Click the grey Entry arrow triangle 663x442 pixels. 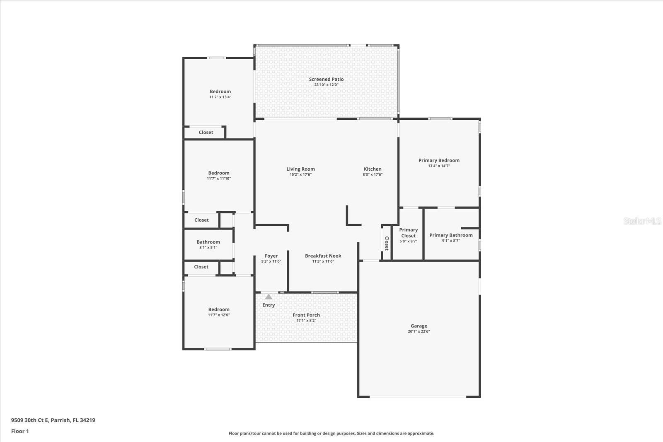click(269, 297)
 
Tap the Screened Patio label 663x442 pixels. click(326, 79)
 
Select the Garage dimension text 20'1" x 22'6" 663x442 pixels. click(419, 331)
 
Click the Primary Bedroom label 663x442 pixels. click(439, 160)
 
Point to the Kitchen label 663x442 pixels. click(373, 169)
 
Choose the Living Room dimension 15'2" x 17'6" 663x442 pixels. click(300, 174)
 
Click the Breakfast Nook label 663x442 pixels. click(323, 256)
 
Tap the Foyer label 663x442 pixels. click(271, 256)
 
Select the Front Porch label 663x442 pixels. click(306, 315)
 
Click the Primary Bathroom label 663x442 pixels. click(451, 235)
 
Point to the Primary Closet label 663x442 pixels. click(409, 233)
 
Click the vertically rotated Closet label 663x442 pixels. click(387, 243)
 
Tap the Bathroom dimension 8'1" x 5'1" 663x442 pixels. click(208, 248)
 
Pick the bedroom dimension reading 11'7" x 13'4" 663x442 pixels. click(220, 97)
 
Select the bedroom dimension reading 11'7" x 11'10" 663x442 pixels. click(219, 179)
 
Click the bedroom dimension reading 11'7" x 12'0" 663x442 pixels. click(219, 315)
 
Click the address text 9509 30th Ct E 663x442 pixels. click(29, 420)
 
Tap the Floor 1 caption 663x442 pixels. click(20, 431)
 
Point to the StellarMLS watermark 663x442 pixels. click(642, 221)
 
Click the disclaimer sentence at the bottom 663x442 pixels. click(331, 433)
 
